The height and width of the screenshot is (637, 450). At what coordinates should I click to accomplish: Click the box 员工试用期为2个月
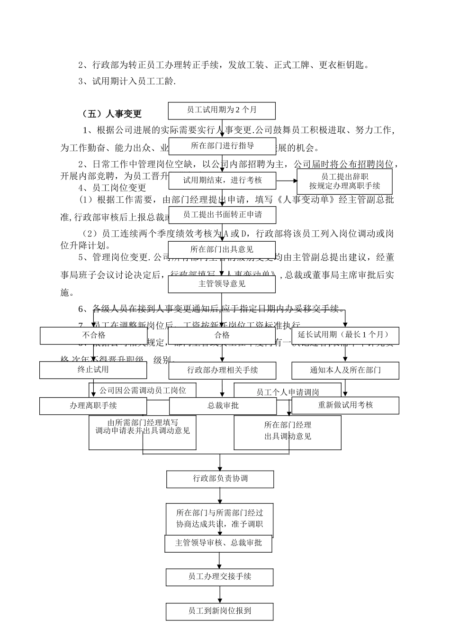pyautogui.click(x=222, y=110)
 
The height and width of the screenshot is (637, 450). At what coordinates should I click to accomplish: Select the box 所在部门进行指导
pyautogui.click(x=222, y=146)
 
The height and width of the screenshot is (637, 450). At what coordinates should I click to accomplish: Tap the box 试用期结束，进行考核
pyautogui.click(x=222, y=181)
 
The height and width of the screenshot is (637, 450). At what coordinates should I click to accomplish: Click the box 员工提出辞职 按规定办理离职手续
pyautogui.click(x=344, y=182)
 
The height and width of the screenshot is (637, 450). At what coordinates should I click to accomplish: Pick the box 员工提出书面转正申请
pyautogui.click(x=222, y=215)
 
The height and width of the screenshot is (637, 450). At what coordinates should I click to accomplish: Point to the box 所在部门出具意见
pyautogui.click(x=222, y=250)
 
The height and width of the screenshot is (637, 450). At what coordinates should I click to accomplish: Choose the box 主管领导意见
pyautogui.click(x=222, y=284)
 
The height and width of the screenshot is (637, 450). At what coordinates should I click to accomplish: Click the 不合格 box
pyautogui.click(x=93, y=336)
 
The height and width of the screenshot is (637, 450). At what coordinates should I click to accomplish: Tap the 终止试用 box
pyautogui.click(x=93, y=370)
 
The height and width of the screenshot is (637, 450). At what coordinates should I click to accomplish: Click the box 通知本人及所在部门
pyautogui.click(x=345, y=370)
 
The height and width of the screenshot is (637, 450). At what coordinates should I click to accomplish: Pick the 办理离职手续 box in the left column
pyautogui.click(x=93, y=406)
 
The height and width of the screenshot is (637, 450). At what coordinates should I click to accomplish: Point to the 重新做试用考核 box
pyautogui.click(x=345, y=405)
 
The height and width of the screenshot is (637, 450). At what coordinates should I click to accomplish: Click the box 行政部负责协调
pyautogui.click(x=220, y=479)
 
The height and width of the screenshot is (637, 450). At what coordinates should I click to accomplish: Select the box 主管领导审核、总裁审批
pyautogui.click(x=218, y=543)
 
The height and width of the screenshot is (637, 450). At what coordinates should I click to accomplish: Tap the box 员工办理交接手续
pyautogui.click(x=219, y=577)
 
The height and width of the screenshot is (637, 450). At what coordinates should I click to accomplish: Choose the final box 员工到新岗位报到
pyautogui.click(x=219, y=611)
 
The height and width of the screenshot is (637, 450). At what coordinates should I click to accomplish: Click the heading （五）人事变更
pyautogui.click(x=112, y=114)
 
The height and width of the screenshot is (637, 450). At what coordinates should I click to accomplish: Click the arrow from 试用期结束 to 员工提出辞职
pyautogui.click(x=286, y=181)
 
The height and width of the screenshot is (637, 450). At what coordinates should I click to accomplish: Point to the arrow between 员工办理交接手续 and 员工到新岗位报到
pyautogui.click(x=220, y=594)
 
